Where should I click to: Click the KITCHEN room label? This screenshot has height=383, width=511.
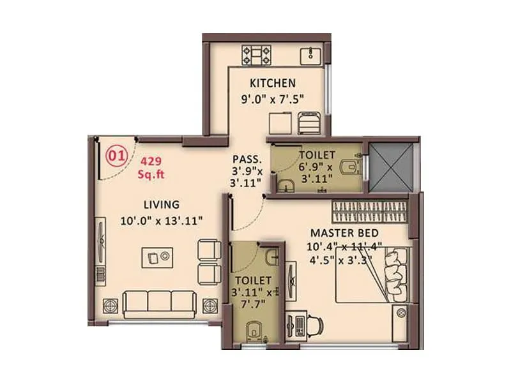coord(272,82)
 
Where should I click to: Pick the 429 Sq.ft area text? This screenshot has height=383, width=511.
coord(151,167)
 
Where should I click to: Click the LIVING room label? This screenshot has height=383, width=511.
coord(161,204)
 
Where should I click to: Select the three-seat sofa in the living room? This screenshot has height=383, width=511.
coord(159,303)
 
